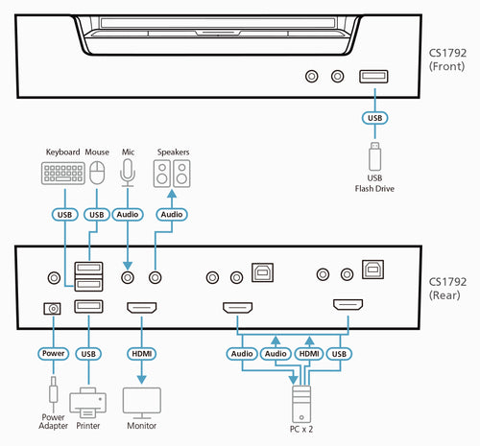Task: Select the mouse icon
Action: (x=96, y=173)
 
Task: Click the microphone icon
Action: (x=128, y=171)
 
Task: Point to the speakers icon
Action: (x=173, y=174)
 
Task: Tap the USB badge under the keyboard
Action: (x=63, y=215)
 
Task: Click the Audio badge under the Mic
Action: (x=128, y=215)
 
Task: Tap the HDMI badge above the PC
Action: (x=309, y=353)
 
